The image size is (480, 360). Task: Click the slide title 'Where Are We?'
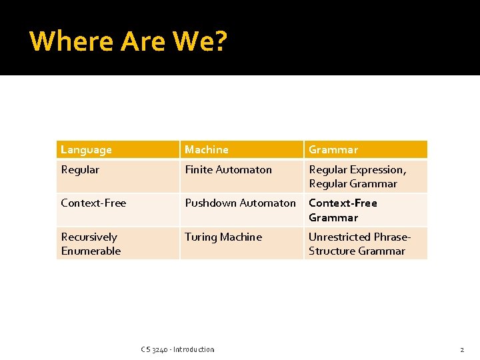tap(129, 41)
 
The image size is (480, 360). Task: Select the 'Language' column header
tap(87, 150)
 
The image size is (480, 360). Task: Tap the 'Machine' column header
tap(207, 150)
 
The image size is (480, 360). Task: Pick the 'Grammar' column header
tap(333, 150)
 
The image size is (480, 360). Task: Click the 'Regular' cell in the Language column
tap(80, 170)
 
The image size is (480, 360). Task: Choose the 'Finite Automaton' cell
tap(228, 170)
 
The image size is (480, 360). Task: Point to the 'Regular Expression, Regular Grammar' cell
tap(357, 177)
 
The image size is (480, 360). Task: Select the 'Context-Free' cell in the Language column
tap(93, 203)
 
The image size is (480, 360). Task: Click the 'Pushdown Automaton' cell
tap(240, 203)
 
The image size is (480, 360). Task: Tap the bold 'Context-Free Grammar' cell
tap(343, 210)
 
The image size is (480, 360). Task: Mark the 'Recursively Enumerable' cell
tap(91, 244)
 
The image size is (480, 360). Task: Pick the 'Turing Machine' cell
tap(223, 237)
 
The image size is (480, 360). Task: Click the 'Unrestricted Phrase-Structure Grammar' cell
tap(359, 244)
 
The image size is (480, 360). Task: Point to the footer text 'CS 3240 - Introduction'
tap(178, 349)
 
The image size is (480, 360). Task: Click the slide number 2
tap(461, 349)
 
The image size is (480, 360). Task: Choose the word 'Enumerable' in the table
tap(91, 251)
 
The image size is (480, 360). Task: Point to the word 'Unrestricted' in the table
tap(339, 237)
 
